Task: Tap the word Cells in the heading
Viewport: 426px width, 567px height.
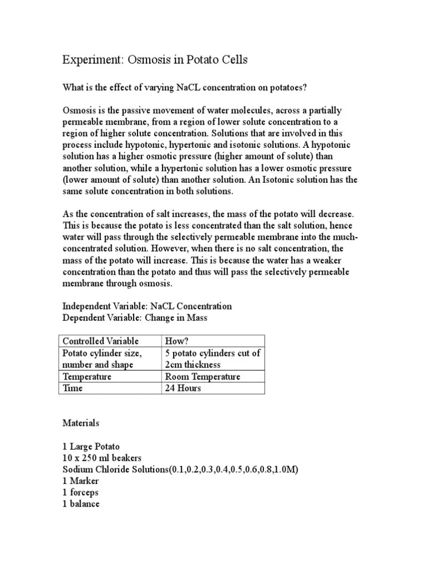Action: (x=232, y=60)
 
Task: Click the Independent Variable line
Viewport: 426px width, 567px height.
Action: (x=146, y=306)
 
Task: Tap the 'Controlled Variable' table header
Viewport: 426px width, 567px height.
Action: (x=100, y=341)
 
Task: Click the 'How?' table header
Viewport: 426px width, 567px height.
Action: (x=176, y=341)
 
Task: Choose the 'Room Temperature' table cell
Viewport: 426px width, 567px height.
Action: (x=202, y=377)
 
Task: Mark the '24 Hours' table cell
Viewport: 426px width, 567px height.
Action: (x=182, y=388)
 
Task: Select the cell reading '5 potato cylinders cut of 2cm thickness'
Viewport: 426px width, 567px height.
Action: (x=212, y=359)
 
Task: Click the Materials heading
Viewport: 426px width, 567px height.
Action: (x=80, y=423)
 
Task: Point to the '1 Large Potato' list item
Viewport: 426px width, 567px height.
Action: (x=90, y=446)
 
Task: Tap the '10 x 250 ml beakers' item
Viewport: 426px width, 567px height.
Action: (x=102, y=458)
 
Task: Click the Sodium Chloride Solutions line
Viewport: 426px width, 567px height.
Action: (x=180, y=470)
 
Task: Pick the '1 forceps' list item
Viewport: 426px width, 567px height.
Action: (x=82, y=492)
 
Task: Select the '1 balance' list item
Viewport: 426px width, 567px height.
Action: (x=81, y=504)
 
